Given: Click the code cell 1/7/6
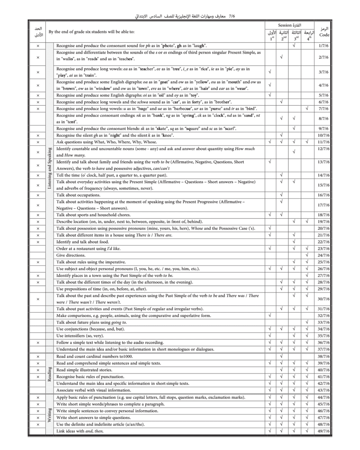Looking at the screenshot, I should point(324,45).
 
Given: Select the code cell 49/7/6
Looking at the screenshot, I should point(324,431).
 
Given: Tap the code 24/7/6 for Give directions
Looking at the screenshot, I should point(324,255).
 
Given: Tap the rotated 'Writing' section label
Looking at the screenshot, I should point(49,414).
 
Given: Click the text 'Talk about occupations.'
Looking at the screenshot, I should point(78,195).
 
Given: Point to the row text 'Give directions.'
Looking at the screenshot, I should point(71,255).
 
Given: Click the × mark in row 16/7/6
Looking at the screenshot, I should point(38,195).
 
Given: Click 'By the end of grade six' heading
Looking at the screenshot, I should point(91,31).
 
